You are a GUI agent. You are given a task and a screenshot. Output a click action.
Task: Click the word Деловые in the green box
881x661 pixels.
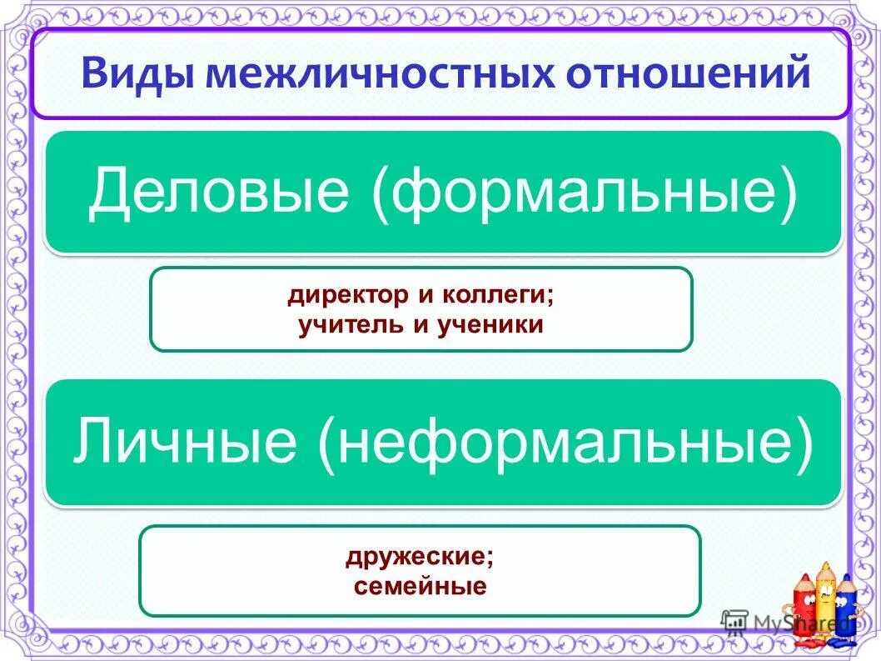click(218, 191)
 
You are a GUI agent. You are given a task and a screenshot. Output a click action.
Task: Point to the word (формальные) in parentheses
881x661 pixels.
click(584, 191)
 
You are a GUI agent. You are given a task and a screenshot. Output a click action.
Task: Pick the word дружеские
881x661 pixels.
click(416, 557)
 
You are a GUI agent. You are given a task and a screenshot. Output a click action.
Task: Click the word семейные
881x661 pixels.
click(420, 586)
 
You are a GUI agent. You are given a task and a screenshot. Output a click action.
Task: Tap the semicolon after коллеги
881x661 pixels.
click(551, 297)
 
